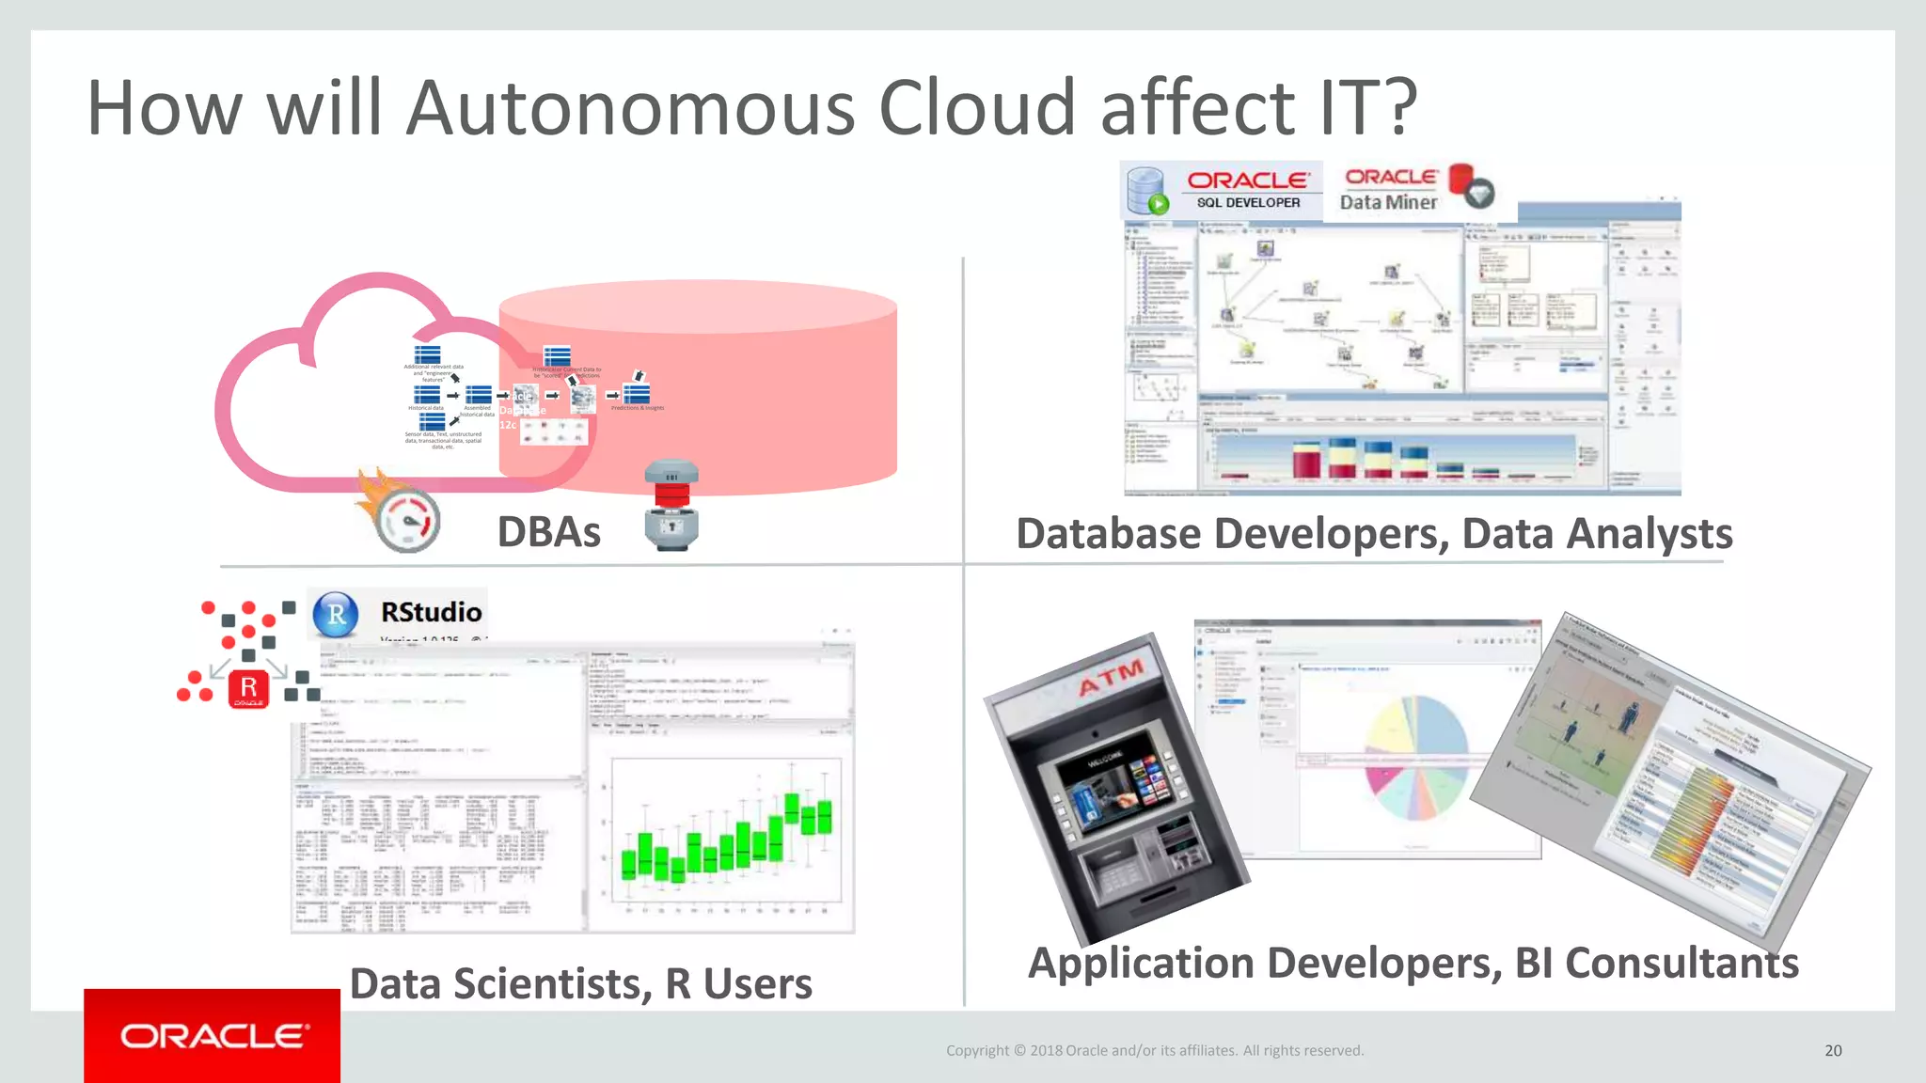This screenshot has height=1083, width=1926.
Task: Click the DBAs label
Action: coord(548,532)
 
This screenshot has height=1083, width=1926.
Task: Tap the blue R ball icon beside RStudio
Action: coord(336,615)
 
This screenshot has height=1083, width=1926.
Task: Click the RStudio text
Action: coord(431,612)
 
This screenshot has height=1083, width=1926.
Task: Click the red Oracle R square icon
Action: coord(248,689)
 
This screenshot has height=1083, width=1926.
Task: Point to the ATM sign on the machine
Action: coord(1112,676)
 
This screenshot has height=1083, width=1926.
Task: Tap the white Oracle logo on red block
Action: coord(213,1036)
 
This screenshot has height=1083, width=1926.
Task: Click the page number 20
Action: coord(1833,1050)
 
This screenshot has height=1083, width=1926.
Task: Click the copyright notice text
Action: coord(1154,1050)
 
